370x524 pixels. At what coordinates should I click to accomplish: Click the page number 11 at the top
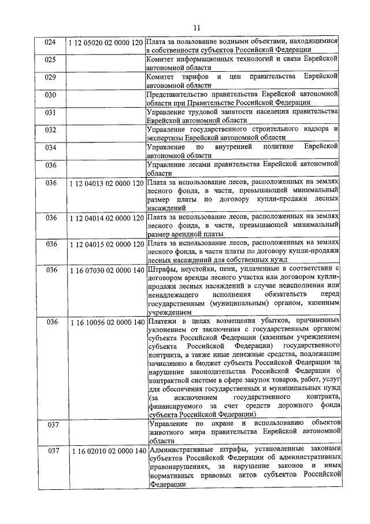click(x=197, y=27)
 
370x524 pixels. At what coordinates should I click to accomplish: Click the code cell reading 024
click(x=50, y=43)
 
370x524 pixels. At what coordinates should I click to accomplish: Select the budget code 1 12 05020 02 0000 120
click(x=105, y=43)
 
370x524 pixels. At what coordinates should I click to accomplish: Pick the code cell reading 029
click(x=50, y=77)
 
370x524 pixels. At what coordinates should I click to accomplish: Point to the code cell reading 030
click(x=50, y=94)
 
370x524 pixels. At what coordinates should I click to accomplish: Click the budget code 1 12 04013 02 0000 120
click(x=105, y=183)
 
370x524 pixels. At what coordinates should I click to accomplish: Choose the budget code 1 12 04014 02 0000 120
click(x=105, y=218)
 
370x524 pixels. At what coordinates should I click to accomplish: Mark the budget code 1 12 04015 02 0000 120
click(x=105, y=244)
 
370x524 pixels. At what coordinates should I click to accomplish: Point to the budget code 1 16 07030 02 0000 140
click(x=105, y=270)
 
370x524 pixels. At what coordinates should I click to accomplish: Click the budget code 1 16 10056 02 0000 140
click(x=105, y=322)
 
